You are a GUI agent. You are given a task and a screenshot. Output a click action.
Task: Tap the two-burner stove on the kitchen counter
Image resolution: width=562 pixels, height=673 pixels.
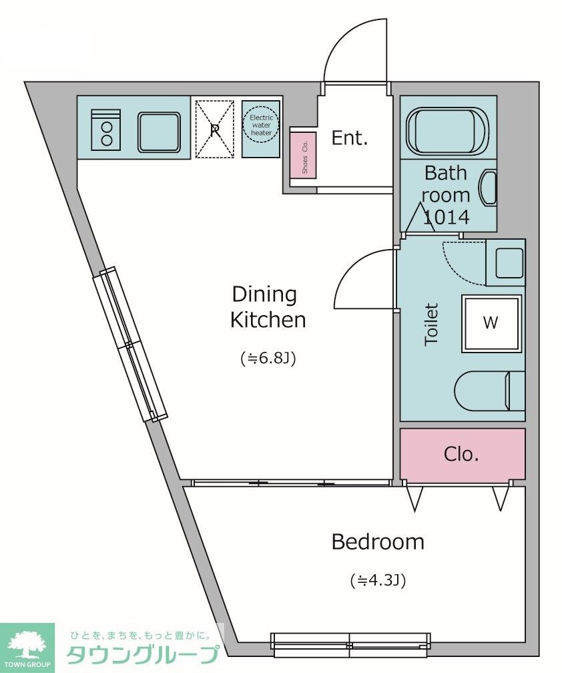pyautogui.click(x=106, y=130)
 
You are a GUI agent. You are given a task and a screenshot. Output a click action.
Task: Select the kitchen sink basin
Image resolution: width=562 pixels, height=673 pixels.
pyautogui.click(x=158, y=132)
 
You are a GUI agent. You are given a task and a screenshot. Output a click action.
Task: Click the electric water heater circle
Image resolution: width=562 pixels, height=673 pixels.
pyautogui.click(x=261, y=124)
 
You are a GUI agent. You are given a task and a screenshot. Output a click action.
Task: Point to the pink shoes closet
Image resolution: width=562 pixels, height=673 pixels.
pyautogui.click(x=304, y=155)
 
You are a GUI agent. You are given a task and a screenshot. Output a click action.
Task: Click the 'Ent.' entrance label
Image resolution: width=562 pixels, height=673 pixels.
pyautogui.click(x=350, y=138)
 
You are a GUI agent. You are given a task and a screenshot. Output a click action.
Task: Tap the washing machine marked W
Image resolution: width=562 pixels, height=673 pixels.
pyautogui.click(x=492, y=322)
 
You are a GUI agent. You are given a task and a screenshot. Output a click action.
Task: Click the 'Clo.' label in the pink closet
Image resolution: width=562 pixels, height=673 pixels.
pyautogui.click(x=461, y=454)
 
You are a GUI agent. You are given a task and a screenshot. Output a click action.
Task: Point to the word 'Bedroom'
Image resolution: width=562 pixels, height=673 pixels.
pyautogui.click(x=378, y=541)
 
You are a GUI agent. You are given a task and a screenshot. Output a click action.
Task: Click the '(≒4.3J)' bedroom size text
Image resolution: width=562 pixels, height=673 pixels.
pyautogui.click(x=378, y=580)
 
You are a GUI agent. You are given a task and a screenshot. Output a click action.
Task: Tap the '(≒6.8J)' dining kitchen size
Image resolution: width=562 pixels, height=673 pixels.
pyautogui.click(x=268, y=358)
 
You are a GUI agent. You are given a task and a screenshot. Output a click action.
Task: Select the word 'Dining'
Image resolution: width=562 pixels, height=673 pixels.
pyautogui.click(x=264, y=295)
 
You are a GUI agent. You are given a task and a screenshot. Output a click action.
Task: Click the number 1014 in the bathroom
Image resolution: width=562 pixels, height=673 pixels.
pyautogui.click(x=446, y=217)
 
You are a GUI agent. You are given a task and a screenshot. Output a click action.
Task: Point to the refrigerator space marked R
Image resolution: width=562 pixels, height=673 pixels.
pyautogui.click(x=215, y=130)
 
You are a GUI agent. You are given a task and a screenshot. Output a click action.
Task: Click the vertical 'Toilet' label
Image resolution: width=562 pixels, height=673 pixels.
pyautogui.click(x=431, y=324)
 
